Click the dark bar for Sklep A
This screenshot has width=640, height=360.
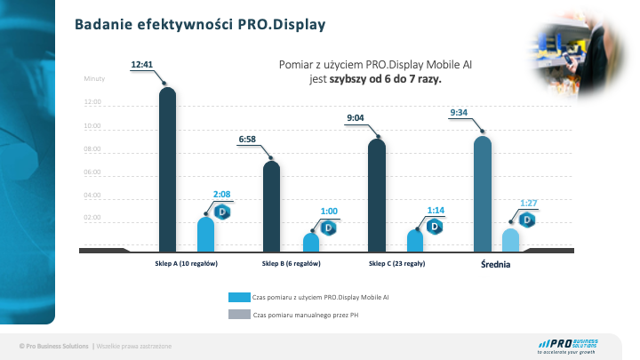(167, 169)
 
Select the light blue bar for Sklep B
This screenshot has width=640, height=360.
(310, 242)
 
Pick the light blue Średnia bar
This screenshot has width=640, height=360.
(510, 240)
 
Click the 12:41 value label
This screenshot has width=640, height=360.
(142, 64)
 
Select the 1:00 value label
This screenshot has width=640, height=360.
(330, 211)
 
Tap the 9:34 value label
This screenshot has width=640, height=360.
(460, 112)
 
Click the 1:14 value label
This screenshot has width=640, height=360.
(436, 210)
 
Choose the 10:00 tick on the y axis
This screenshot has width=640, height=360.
(93, 126)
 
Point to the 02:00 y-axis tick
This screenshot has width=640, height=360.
(93, 218)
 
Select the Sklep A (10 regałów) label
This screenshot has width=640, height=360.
(180, 264)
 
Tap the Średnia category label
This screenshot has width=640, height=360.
(495, 264)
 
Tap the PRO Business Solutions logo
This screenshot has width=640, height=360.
(568, 346)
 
